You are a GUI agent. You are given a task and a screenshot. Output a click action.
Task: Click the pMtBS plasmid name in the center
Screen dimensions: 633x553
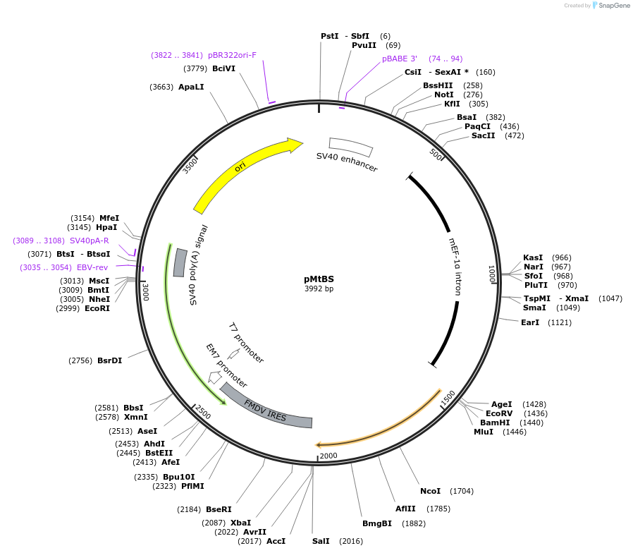319,279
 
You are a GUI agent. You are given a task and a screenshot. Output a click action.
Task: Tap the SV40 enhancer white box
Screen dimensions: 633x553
350,147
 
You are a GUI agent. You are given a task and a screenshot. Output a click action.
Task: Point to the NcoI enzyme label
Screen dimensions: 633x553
430,491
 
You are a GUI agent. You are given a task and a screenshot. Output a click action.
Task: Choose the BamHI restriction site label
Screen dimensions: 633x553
495,423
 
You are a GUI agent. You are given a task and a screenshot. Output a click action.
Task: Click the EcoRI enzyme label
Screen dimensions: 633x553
97,308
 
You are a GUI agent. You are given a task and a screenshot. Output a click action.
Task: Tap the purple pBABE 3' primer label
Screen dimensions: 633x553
400,59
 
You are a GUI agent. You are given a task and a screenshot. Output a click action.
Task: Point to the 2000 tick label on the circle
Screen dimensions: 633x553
329,456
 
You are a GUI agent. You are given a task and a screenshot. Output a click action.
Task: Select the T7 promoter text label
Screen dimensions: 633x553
246,343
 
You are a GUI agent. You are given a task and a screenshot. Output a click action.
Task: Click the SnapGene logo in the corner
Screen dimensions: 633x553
610,6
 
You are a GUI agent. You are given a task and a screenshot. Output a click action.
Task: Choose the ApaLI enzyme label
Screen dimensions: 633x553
191,87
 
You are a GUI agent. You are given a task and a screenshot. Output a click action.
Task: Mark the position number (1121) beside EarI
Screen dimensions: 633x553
560,322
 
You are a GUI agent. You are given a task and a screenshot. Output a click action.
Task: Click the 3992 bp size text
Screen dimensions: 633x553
319,288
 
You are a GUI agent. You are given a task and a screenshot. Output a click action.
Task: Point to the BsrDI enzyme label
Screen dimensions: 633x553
109,360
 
